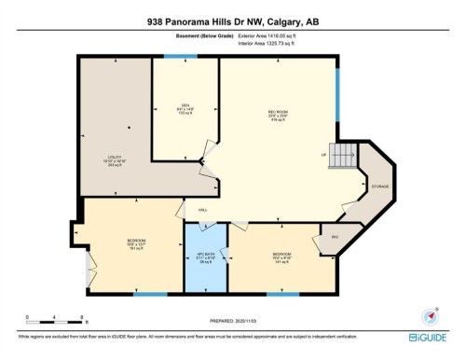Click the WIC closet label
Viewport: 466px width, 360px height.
334,237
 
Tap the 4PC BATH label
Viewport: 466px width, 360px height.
205,256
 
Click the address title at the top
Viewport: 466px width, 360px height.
232,21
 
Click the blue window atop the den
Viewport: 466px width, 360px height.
173,56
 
